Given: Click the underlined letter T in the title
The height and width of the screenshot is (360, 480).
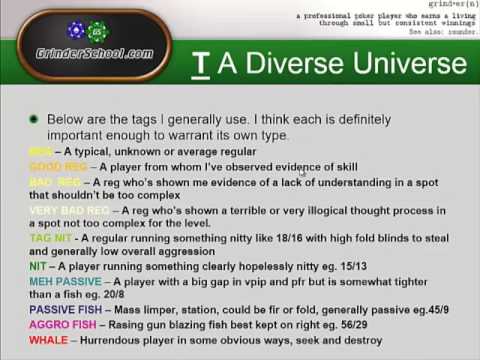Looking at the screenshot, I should point(201,64).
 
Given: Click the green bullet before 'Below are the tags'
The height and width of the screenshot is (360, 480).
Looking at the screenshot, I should point(35,119).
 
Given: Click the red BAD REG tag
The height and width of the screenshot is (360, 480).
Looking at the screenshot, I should point(56,182).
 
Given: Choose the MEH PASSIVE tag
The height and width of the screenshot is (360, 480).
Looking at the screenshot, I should point(64,282).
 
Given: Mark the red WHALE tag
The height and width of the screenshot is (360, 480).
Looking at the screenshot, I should point(47,340).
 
